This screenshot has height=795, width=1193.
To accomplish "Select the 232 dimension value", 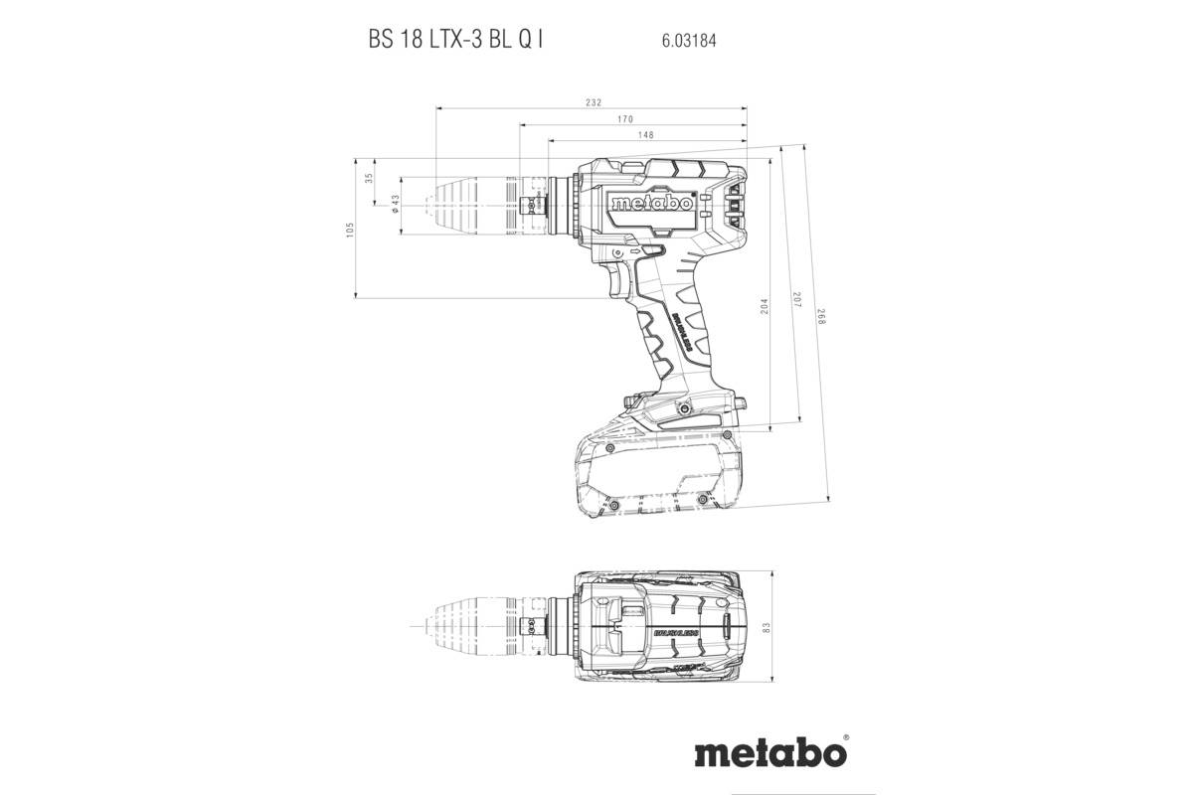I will coord(594,103).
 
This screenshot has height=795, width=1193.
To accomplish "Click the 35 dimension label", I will coord(369,179).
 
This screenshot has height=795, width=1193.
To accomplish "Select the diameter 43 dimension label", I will coord(395,204).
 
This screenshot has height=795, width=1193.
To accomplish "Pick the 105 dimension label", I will coord(350,229).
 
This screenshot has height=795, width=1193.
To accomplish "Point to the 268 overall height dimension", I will coord(821,318).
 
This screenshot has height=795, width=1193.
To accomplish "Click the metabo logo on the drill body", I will coord(651,204).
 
